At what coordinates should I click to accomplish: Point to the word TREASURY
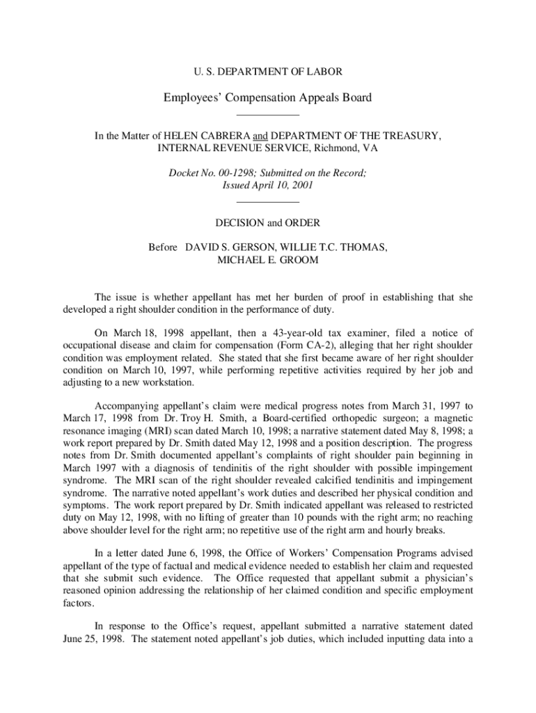(411, 136)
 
